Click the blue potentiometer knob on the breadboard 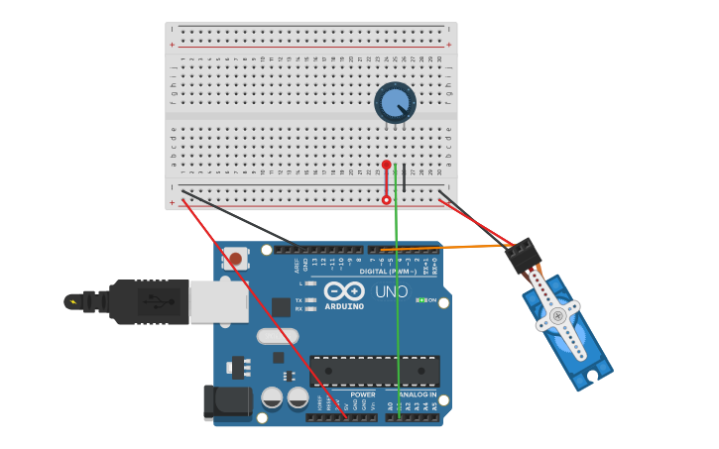(x=395, y=102)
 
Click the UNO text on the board (x=391, y=292)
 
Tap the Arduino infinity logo (x=343, y=291)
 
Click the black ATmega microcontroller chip (x=374, y=371)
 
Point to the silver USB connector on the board (x=218, y=301)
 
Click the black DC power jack (x=226, y=401)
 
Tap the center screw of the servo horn (x=557, y=316)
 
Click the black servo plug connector (x=522, y=256)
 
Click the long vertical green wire (x=397, y=297)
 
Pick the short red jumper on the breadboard (x=387, y=182)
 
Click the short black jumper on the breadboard (x=404, y=178)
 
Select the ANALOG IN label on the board (x=418, y=394)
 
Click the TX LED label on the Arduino (x=299, y=299)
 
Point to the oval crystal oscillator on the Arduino (x=277, y=336)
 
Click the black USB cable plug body (x=148, y=300)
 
